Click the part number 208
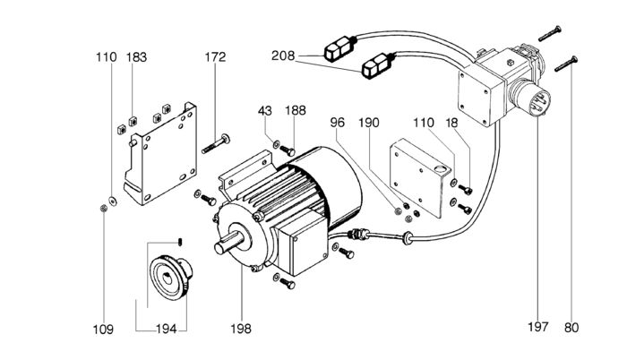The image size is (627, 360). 284,56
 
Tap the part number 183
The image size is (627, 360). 136,57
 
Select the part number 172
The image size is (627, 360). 216,57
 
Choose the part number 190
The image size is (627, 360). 395,122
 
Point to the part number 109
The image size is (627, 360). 104,329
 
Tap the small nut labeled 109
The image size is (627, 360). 104,208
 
